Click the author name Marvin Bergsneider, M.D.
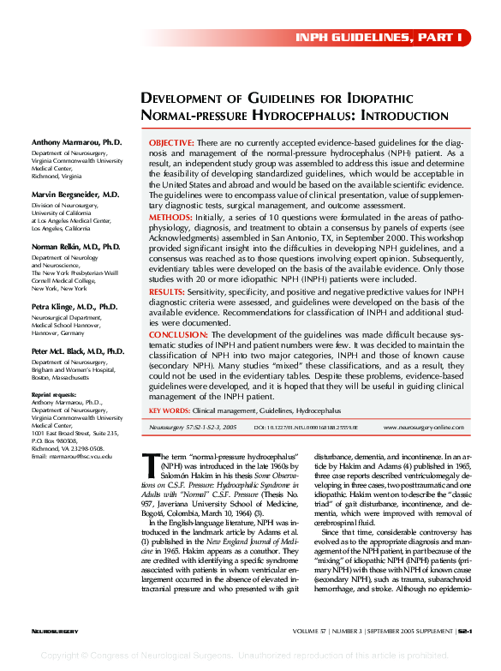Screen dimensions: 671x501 point(75,195)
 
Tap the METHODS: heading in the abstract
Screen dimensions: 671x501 point(170,219)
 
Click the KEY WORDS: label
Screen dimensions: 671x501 point(176,411)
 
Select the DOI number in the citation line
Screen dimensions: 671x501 point(306,426)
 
